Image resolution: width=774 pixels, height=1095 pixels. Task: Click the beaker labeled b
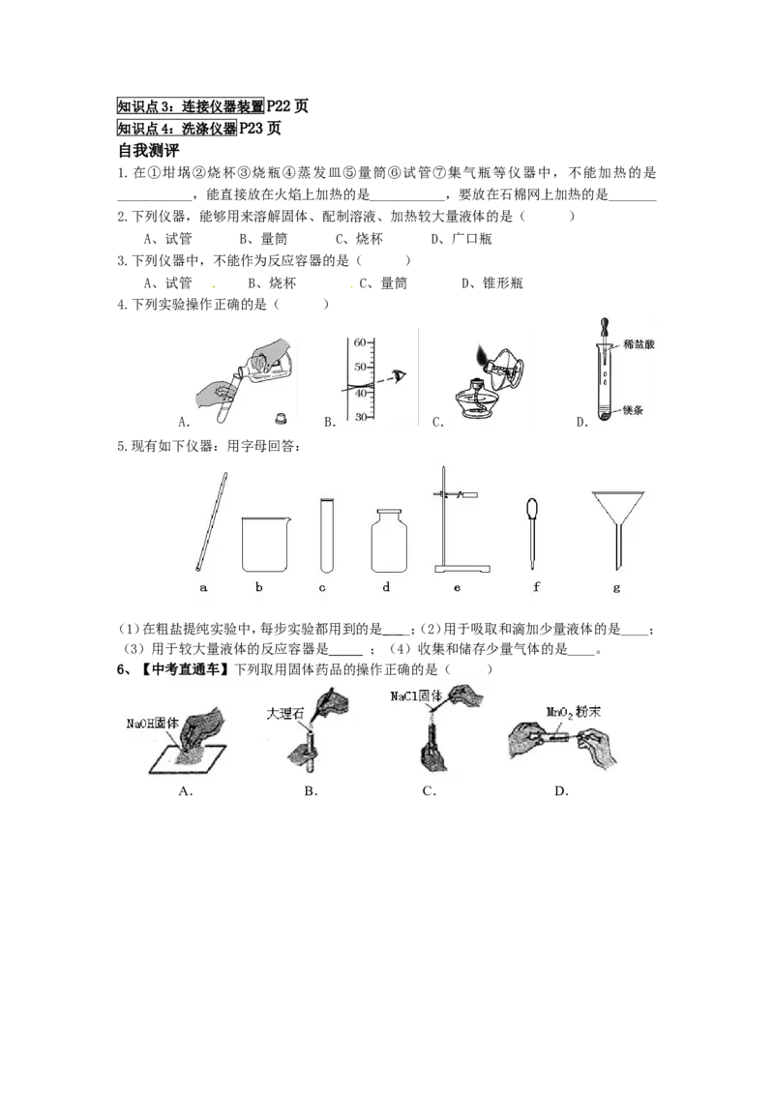click(264, 545)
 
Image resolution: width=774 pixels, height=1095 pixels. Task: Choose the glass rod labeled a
click(211, 521)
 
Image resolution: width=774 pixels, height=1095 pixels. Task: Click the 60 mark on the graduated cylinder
click(360, 342)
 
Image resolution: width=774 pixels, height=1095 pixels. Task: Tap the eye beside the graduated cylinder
click(399, 375)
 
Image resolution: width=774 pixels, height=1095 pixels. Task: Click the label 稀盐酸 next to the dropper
click(639, 344)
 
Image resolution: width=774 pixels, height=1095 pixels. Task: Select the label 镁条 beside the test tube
click(633, 410)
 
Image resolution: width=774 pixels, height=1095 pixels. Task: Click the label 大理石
click(285, 714)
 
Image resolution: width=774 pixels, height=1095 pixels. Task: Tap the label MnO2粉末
click(573, 712)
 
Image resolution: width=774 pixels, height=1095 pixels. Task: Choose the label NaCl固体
click(416, 695)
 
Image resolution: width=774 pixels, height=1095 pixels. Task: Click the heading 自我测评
click(149, 150)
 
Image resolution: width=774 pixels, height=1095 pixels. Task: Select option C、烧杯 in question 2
click(359, 239)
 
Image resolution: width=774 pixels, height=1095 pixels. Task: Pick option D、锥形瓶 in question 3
click(491, 282)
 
